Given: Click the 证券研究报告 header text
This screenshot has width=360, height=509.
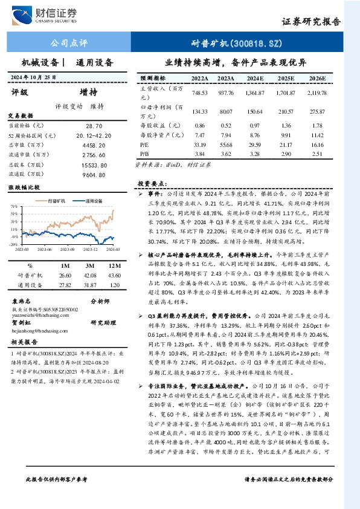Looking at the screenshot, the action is [311, 21].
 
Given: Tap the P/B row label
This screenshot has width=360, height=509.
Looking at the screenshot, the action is [146, 155].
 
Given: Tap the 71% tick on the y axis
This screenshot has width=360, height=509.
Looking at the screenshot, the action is [13, 206].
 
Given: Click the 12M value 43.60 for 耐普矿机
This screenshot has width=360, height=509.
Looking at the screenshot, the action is [112, 275].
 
